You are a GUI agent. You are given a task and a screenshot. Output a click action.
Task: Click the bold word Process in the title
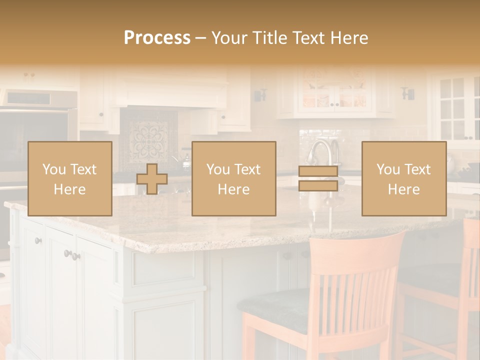click(x=157, y=38)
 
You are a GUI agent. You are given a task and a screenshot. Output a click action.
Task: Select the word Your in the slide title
click(x=229, y=38)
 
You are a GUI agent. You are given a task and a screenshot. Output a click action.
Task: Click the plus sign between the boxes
click(x=152, y=179)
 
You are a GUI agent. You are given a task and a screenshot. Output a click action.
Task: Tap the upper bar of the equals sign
click(x=318, y=171)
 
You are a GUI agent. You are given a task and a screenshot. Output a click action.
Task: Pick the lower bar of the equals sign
click(x=318, y=185)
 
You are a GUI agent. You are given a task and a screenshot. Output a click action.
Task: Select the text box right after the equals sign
click(x=403, y=178)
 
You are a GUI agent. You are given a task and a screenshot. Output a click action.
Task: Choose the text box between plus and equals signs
click(x=233, y=178)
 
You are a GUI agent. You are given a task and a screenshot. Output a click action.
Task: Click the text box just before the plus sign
click(x=69, y=178)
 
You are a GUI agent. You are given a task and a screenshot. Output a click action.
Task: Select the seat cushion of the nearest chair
click(x=280, y=305)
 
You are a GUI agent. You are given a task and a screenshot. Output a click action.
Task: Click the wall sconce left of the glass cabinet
click(x=260, y=94)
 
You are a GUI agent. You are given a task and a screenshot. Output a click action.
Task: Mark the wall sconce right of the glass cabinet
click(x=408, y=93)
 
